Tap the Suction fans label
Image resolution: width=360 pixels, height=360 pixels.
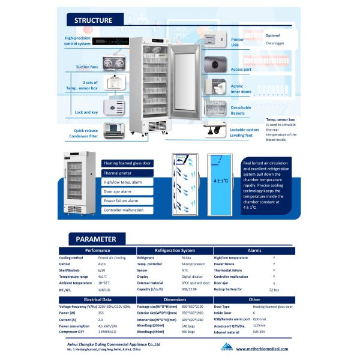click(86, 67)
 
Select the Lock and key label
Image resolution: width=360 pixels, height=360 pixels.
click(86, 112)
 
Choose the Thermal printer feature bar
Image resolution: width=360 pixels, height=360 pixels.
click(127, 172)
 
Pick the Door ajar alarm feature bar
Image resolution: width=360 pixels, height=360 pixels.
click(127, 191)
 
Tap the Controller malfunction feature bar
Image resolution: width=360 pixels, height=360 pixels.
click(127, 210)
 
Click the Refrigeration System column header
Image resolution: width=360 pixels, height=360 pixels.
click(175, 250)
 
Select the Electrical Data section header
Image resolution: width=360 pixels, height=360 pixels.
click(97, 298)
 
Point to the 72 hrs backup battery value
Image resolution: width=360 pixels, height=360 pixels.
click(274, 290)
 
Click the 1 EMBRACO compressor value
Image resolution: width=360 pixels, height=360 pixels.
click(107, 331)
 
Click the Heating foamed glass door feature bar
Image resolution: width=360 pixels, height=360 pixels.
click(127, 163)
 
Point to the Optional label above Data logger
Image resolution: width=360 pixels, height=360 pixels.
click(272, 35)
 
